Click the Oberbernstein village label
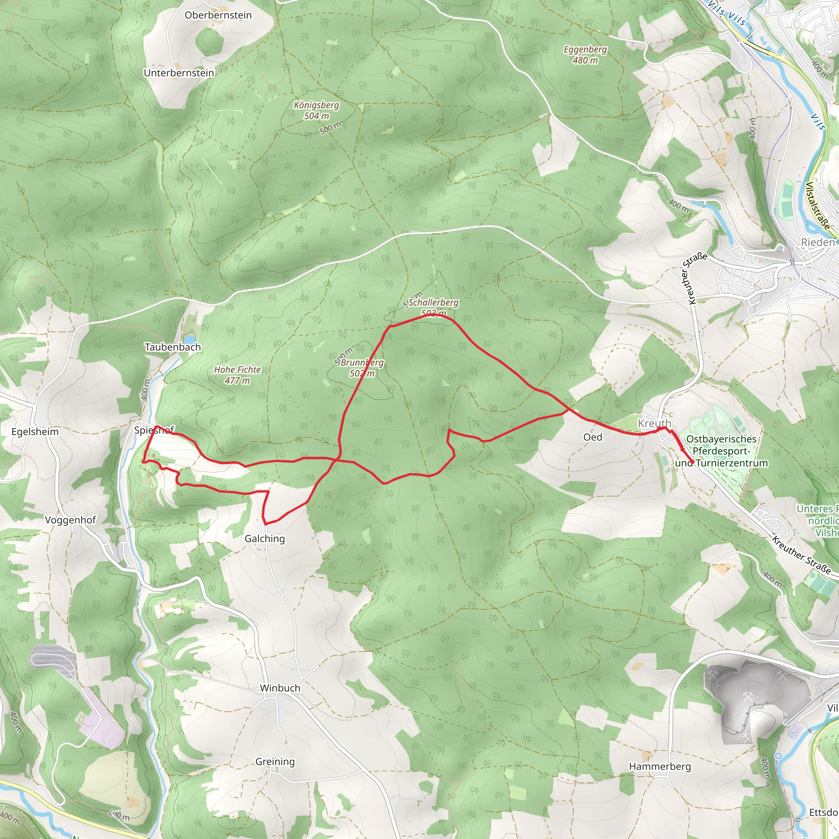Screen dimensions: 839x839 (x=218, y=15)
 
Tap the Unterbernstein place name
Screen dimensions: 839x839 (x=179, y=73)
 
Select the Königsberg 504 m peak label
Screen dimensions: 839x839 (x=316, y=110)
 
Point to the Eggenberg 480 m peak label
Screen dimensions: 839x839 (x=585, y=55)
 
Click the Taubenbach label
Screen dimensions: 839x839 (x=173, y=347)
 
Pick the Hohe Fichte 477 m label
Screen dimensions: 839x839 (x=237, y=375)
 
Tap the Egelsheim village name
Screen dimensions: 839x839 (x=35, y=432)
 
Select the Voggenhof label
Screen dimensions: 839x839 (x=70, y=520)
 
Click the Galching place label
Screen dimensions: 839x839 (x=265, y=538)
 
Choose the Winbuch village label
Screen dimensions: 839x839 (x=280, y=688)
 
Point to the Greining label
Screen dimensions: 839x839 (x=275, y=761)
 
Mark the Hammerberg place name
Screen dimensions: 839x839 (x=660, y=766)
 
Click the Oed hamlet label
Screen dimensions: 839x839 (x=592, y=437)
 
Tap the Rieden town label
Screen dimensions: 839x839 (x=818, y=243)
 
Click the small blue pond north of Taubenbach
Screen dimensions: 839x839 (x=190, y=339)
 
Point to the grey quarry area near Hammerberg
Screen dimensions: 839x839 (x=755, y=695)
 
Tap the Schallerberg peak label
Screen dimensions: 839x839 (x=433, y=303)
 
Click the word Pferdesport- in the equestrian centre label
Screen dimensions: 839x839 (x=721, y=451)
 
